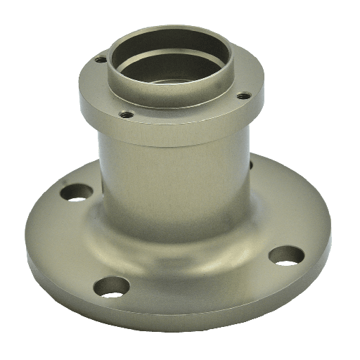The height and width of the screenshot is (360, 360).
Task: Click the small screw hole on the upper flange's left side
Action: point(101,60)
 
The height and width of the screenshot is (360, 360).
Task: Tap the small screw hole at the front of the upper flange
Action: point(127,114)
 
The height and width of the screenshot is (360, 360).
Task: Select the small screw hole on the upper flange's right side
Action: point(243,95)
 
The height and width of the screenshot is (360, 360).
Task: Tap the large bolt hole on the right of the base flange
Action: point(286,255)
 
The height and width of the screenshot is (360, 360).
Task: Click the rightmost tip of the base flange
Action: point(330,225)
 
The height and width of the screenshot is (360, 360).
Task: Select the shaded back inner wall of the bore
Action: point(169,49)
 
